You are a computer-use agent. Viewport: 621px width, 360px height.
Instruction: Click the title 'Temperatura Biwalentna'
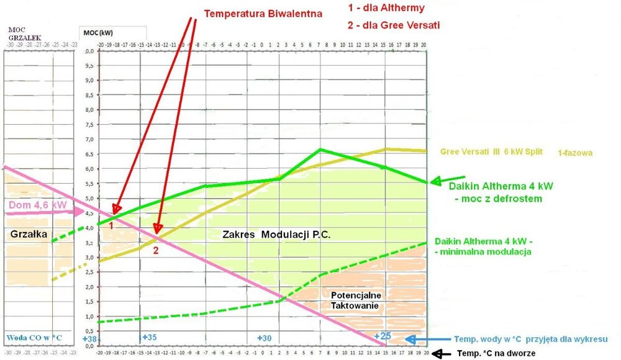coord(264,12)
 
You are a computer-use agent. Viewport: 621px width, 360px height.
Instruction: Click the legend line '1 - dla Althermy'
coord(387,9)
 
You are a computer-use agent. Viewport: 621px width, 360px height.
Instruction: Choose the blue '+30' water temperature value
coord(265,338)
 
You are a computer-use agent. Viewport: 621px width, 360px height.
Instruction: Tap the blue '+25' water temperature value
coord(383,336)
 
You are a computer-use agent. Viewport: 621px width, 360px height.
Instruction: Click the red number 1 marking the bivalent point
coord(111,226)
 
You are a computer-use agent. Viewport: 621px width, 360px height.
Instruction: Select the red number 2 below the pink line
coord(156,250)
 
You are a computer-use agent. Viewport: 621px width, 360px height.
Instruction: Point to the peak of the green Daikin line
coord(320,149)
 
